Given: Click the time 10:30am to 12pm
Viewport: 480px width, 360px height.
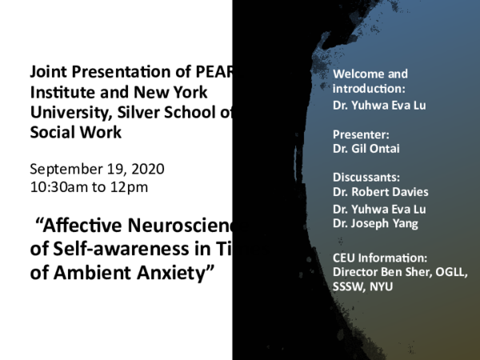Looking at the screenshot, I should click(x=89, y=188).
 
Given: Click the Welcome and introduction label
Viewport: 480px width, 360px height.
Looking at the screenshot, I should click(x=370, y=81).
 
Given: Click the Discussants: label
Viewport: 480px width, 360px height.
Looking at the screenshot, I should click(x=366, y=178).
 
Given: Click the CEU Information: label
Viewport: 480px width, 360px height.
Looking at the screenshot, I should click(x=380, y=258).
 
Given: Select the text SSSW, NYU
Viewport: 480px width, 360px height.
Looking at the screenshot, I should click(x=363, y=286).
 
